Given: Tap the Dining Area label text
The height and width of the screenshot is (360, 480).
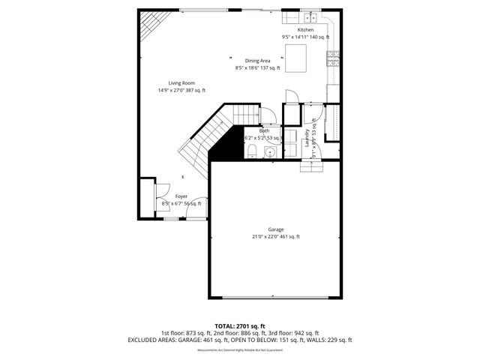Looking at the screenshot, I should (x=257, y=61).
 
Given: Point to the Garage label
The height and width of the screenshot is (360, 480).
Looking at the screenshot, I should (x=275, y=229).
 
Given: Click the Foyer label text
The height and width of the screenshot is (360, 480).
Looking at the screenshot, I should (x=181, y=196).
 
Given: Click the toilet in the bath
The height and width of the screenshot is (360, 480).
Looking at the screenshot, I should (x=253, y=152).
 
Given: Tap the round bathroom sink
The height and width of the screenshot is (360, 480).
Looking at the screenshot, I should (x=270, y=151).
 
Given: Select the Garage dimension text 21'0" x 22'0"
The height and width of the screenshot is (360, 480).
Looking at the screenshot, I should (x=259, y=237).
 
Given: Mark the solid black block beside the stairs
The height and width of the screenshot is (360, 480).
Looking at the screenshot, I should (x=226, y=146).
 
